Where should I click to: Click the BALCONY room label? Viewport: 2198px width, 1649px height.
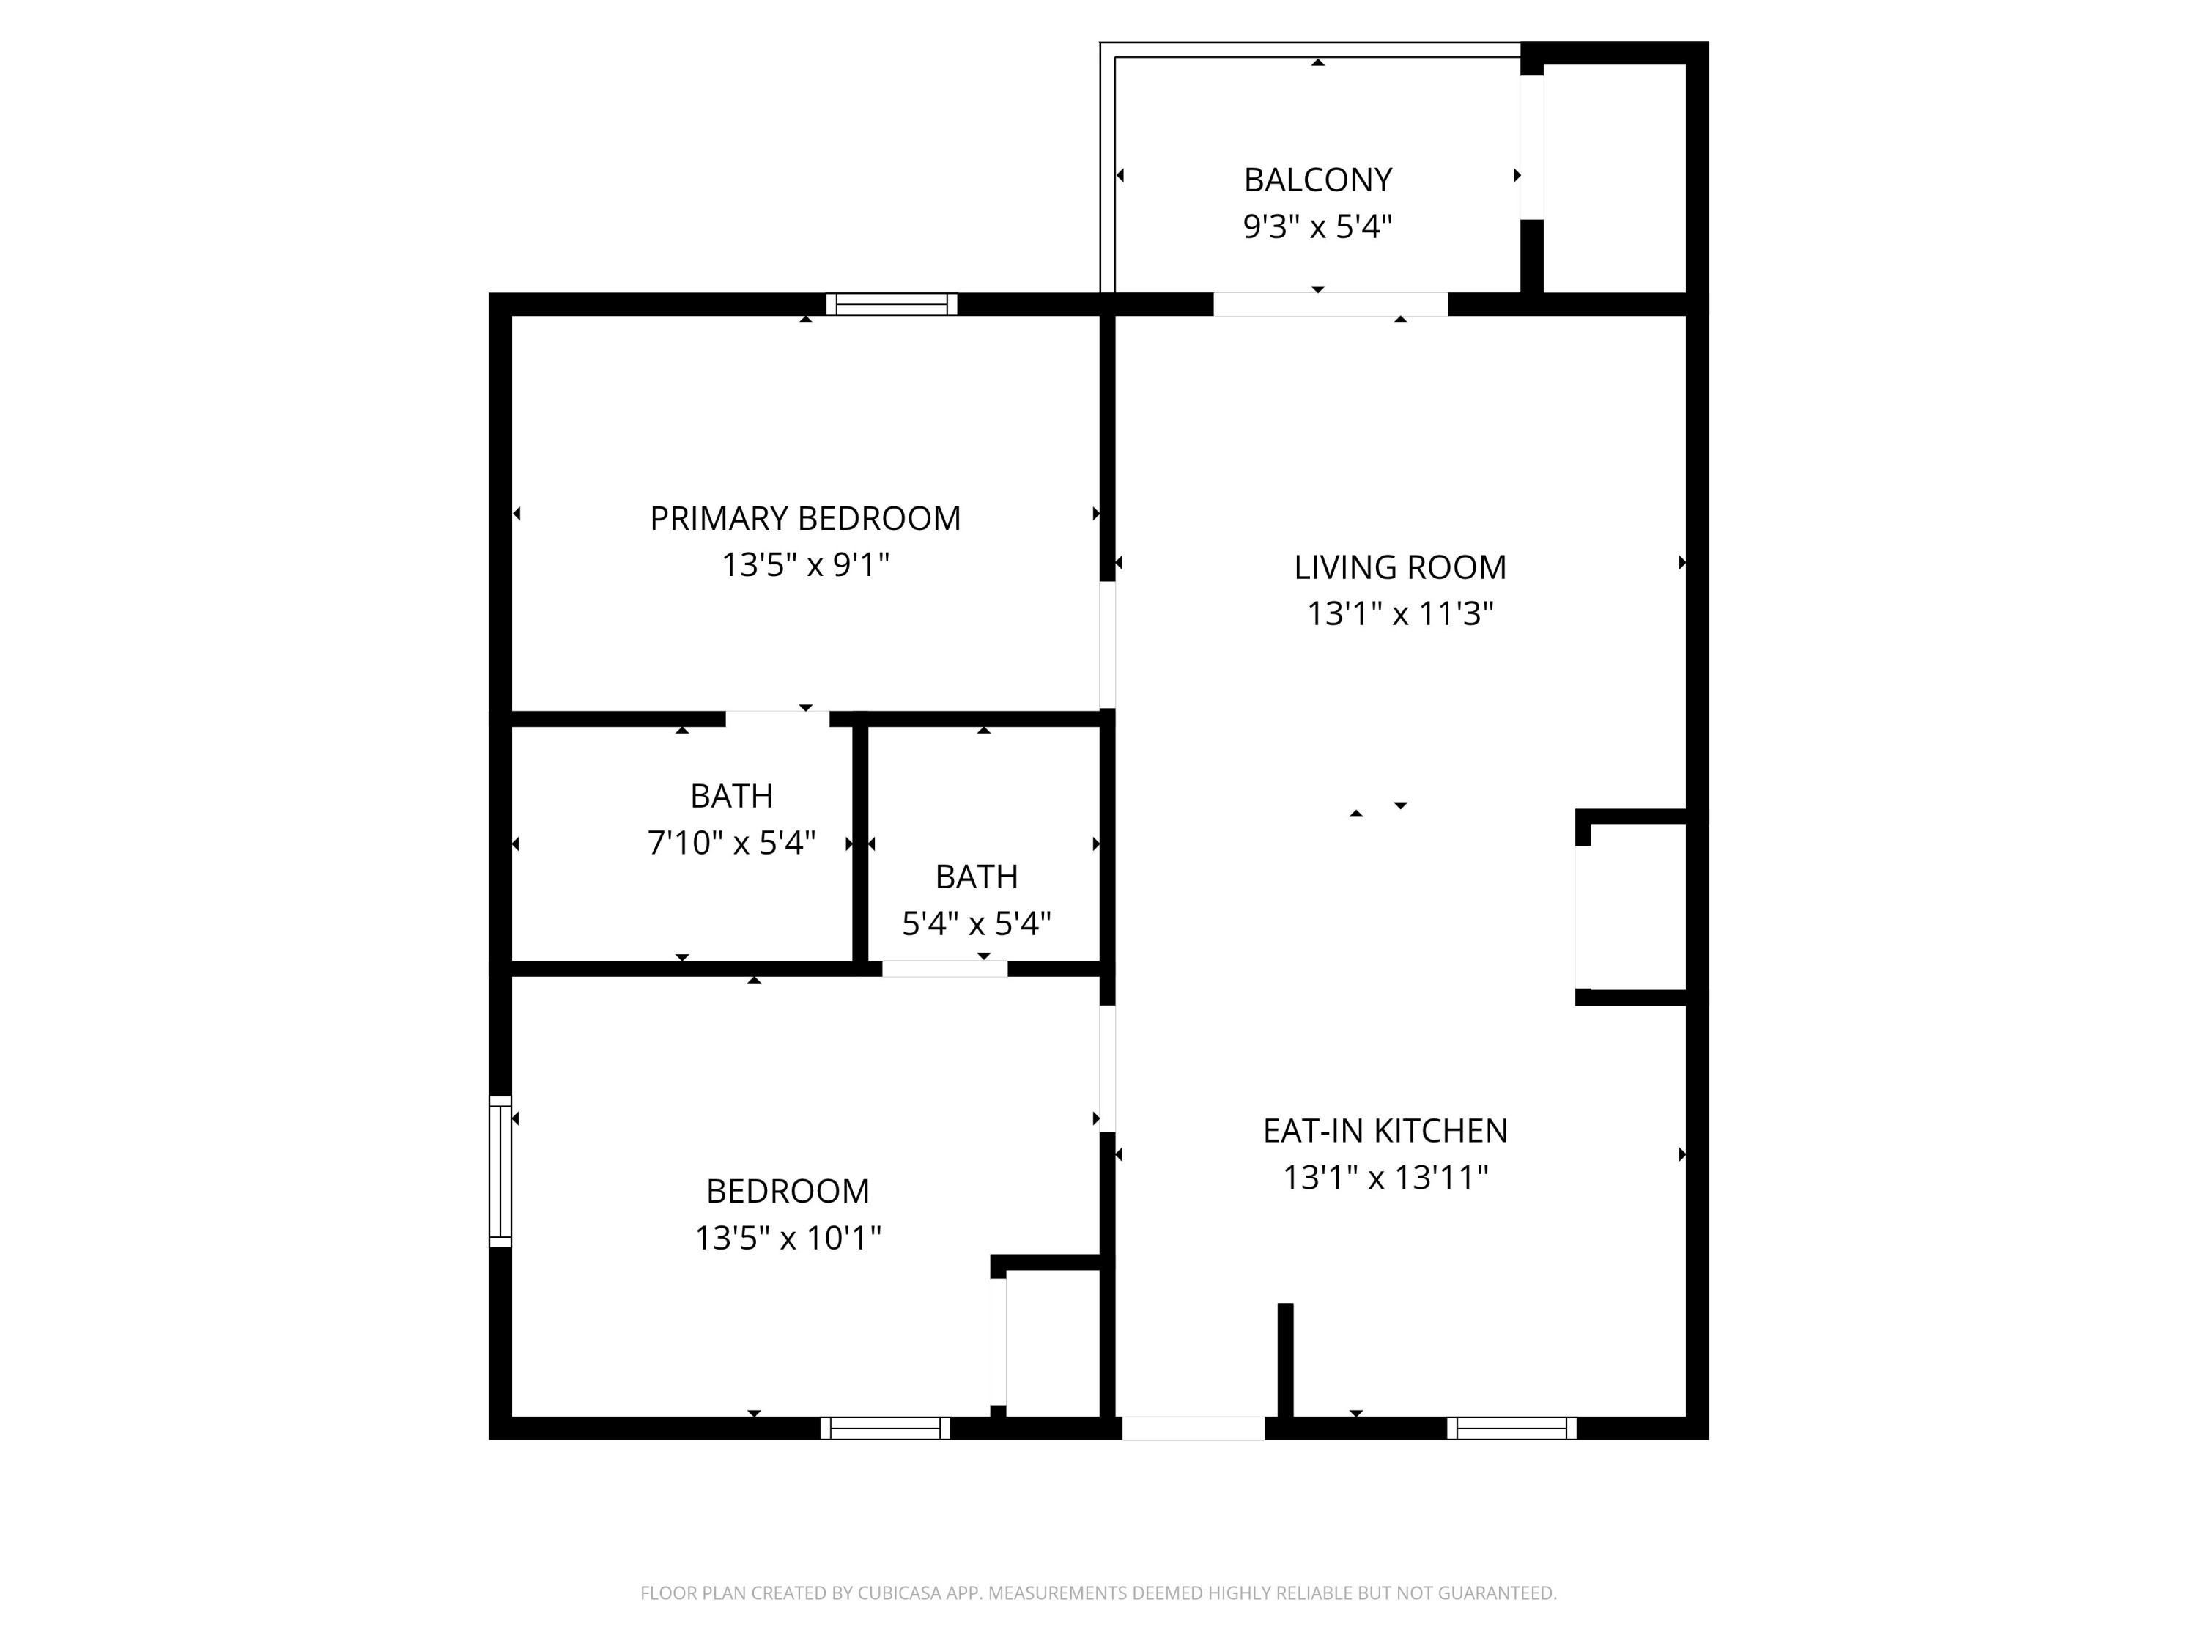pos(1317,180)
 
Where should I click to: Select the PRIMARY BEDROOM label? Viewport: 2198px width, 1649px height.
pos(805,519)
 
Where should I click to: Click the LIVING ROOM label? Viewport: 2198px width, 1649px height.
pos(1400,567)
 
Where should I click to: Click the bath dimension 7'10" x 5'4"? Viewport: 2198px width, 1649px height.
pos(731,844)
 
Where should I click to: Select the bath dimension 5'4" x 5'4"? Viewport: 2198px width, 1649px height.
pos(976,924)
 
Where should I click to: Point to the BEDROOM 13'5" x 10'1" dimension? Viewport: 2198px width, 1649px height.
pos(788,1239)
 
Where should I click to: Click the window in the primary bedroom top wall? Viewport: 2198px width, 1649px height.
pos(892,304)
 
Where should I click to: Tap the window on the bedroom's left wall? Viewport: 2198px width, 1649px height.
pos(500,1171)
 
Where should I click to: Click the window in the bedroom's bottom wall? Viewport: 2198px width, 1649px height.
pos(885,1428)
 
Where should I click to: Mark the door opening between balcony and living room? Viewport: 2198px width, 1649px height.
pos(1330,304)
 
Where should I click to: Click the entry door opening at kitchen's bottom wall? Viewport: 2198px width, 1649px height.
pos(1192,1428)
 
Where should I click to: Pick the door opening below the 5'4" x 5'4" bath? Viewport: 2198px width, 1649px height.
pos(944,969)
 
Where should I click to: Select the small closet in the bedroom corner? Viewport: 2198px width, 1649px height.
pos(1052,1342)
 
